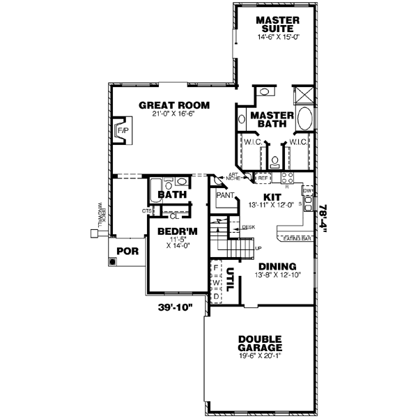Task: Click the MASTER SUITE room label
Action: point(277,24)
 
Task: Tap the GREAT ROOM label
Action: point(173,105)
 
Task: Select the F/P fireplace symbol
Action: point(123,131)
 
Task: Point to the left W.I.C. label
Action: point(251,142)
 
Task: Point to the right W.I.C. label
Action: point(298,142)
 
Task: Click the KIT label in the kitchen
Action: point(272,198)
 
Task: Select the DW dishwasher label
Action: point(306,189)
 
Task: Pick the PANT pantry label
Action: point(224,196)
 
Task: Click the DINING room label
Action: point(277,266)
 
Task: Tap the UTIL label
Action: point(229,281)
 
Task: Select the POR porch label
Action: point(127,251)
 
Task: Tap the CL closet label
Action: point(175,216)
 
